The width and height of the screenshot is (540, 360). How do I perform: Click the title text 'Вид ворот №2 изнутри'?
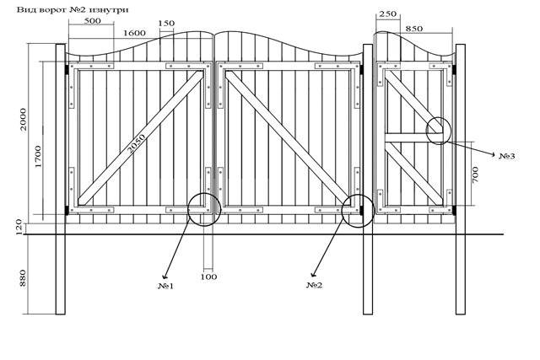pyautogui.click(x=73, y=9)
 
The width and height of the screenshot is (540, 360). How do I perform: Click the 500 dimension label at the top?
pyautogui.click(x=92, y=20)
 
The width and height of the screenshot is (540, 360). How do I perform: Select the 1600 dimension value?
pyautogui.click(x=134, y=33)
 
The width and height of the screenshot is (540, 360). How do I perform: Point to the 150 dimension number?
pyautogui.click(x=166, y=24)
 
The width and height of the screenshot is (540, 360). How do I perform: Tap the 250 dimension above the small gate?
pyautogui.click(x=388, y=13)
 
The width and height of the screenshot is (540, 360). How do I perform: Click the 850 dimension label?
pyautogui.click(x=413, y=29)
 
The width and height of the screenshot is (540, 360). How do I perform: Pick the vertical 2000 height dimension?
pyautogui.click(x=23, y=119)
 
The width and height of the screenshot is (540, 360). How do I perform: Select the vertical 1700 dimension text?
pyautogui.click(x=38, y=157)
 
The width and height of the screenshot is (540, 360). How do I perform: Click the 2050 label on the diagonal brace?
pyautogui.click(x=137, y=143)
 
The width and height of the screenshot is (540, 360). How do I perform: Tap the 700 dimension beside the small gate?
pyautogui.click(x=475, y=175)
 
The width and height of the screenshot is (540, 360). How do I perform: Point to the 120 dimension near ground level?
pyautogui.click(x=19, y=227)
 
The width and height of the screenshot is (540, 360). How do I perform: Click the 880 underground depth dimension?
pyautogui.click(x=23, y=278)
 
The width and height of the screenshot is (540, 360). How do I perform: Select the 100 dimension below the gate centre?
pyautogui.click(x=208, y=277)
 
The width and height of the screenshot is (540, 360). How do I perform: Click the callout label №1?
pyautogui.click(x=166, y=286)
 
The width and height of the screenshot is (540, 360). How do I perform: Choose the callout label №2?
pyautogui.click(x=315, y=285)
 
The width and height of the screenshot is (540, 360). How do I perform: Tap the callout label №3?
pyautogui.click(x=507, y=156)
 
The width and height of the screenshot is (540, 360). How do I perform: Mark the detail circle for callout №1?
pyautogui.click(x=188, y=210)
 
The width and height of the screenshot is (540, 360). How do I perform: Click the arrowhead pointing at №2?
pyautogui.click(x=313, y=274)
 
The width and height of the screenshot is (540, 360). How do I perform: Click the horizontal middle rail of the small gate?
pyautogui.click(x=413, y=137)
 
